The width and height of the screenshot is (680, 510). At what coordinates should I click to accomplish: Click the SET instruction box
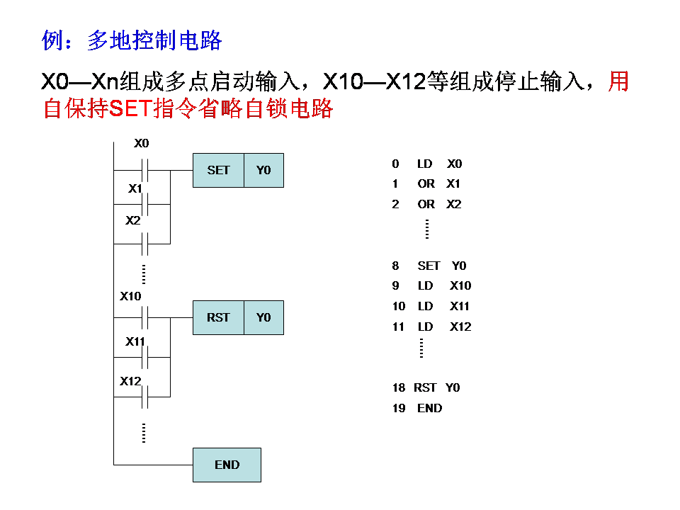click(x=218, y=170)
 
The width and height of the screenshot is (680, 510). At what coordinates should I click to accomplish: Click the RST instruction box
click(x=218, y=317)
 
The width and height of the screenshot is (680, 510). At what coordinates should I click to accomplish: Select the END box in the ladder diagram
click(x=227, y=465)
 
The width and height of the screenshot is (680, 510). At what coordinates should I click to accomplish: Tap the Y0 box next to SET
click(x=263, y=170)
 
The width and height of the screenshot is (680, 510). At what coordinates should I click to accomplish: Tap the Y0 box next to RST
click(x=263, y=317)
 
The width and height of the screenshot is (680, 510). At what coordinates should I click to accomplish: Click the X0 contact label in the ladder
click(x=142, y=144)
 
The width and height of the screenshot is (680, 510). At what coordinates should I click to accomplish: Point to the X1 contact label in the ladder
click(x=135, y=188)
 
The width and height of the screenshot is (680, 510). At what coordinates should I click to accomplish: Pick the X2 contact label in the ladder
click(x=133, y=220)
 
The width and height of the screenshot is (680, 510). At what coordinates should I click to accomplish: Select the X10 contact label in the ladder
click(x=131, y=296)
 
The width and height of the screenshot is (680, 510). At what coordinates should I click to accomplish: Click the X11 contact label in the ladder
click(x=135, y=341)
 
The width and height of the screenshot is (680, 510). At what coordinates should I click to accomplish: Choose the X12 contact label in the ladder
click(x=131, y=381)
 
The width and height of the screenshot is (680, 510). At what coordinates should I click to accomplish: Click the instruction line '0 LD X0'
click(x=426, y=164)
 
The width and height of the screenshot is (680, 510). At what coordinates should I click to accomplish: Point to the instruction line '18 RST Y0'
click(x=426, y=387)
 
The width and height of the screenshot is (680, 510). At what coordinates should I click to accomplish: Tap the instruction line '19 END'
click(x=416, y=408)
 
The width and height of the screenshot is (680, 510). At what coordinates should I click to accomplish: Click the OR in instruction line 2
click(x=426, y=204)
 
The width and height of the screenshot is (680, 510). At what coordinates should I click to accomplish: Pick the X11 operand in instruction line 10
click(x=460, y=306)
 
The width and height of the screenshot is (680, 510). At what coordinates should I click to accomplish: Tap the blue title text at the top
click(x=132, y=41)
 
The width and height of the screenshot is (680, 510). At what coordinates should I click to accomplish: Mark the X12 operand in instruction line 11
click(x=460, y=327)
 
